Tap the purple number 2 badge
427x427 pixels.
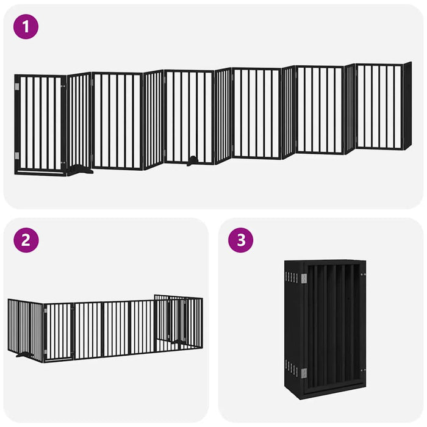pyautogui.click(x=26, y=240)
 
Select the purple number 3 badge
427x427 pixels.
pyautogui.click(x=241, y=240)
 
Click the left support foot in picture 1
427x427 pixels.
pyautogui.click(x=79, y=171)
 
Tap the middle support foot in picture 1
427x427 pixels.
pyautogui.click(x=193, y=161)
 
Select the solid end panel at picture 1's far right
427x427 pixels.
pyautogui.click(x=407, y=106)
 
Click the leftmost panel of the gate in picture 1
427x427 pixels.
pyautogui.click(x=40, y=124)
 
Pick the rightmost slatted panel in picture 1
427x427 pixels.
pyautogui.click(x=379, y=107)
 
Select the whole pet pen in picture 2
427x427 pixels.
pyautogui.click(x=105, y=328)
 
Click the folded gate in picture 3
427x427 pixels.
pyautogui.click(x=325, y=328)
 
